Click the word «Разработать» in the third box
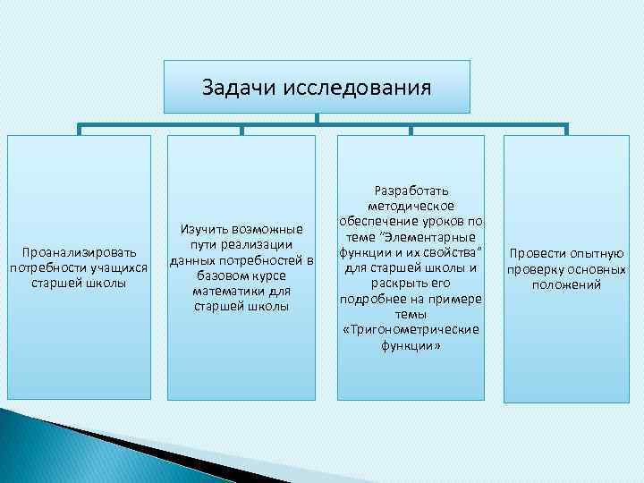tap(411, 191)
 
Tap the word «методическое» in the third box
tap(411, 206)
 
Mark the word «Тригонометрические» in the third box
tap(411, 330)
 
